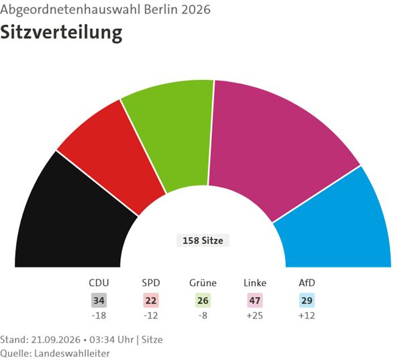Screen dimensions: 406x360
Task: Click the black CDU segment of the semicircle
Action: pyautogui.click(x=70, y=220)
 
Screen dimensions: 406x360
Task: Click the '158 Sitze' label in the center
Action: pyautogui.click(x=203, y=240)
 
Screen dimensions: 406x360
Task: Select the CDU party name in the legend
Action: pyautogui.click(x=99, y=283)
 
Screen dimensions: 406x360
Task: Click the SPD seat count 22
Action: pyautogui.click(x=151, y=301)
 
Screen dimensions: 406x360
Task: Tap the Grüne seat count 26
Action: pyautogui.click(x=203, y=301)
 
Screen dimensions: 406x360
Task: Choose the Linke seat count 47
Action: pyautogui.click(x=255, y=301)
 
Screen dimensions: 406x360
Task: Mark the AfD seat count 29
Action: pyautogui.click(x=307, y=301)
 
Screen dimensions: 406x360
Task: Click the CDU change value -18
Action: pyautogui.click(x=99, y=316)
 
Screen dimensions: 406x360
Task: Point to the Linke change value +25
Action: pyautogui.click(x=255, y=316)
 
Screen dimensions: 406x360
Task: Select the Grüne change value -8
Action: pyautogui.click(x=203, y=316)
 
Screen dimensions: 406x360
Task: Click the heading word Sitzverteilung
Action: pyautogui.click(x=61, y=33)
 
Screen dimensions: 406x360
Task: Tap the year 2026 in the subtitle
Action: pyautogui.click(x=196, y=9)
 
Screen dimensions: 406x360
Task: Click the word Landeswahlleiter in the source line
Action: pyautogui.click(x=72, y=353)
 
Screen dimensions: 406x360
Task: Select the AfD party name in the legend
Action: pyautogui.click(x=307, y=283)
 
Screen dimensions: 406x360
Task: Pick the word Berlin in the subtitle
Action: pyautogui.click(x=161, y=9)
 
